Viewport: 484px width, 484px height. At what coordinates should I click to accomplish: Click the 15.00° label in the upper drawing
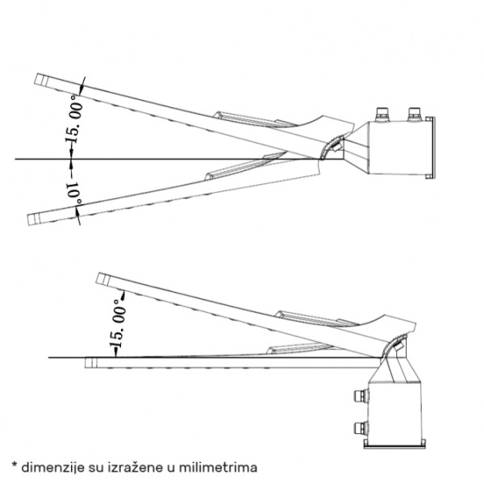tap(74, 119)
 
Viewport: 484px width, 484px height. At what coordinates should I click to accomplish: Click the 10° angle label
tap(75, 193)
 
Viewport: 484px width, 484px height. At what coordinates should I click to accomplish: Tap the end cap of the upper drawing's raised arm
tap(41, 79)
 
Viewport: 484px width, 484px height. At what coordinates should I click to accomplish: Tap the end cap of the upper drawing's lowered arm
tap(34, 219)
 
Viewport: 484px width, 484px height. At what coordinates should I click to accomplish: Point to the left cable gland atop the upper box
tap(382, 115)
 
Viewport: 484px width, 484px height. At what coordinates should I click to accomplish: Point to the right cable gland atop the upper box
tap(415, 115)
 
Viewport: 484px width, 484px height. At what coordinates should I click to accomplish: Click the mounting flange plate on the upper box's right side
tap(430, 148)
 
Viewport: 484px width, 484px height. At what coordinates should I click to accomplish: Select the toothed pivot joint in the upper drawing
tap(331, 148)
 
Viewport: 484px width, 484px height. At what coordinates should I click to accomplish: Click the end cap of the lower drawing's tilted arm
tap(103, 279)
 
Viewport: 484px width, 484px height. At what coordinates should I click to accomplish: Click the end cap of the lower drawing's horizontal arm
tap(91, 363)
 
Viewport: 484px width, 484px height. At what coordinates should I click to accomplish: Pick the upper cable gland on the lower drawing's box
tap(361, 395)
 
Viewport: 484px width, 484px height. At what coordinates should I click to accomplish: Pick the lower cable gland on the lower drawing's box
tap(361, 428)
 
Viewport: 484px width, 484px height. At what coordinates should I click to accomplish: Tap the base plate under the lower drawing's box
tap(395, 444)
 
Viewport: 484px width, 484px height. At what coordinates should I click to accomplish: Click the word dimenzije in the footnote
tap(52, 467)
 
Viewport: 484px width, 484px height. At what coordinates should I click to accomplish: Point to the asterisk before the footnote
tap(15, 465)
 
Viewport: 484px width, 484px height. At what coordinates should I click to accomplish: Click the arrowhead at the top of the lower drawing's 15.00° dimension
tap(123, 295)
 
